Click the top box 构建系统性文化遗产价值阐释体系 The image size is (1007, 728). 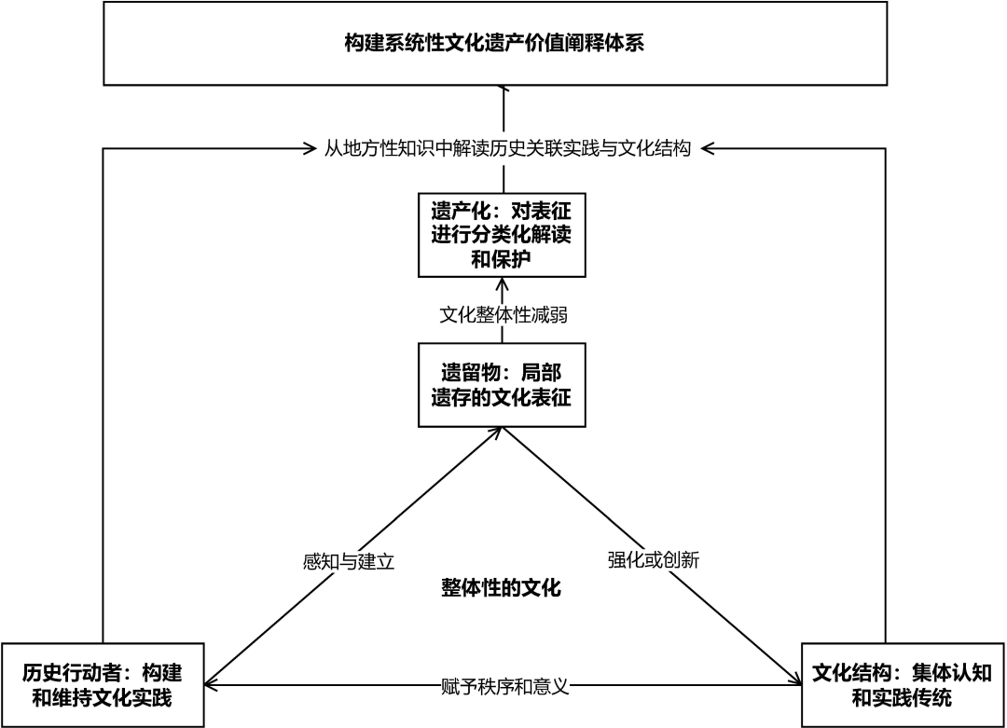coord(494,44)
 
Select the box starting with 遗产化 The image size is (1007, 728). coord(502,234)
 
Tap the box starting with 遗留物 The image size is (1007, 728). coord(502,384)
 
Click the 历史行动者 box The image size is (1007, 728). coord(103,685)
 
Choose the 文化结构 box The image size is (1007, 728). coord(902,685)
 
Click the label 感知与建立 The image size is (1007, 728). coord(350,561)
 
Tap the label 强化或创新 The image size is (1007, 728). coord(653,560)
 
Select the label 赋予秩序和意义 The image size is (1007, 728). coord(504,687)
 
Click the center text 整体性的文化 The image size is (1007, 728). coord(502,588)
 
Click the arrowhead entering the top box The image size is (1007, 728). coord(504,89)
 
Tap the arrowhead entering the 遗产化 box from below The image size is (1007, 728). coord(503,282)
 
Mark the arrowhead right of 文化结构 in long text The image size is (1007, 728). coord(707,147)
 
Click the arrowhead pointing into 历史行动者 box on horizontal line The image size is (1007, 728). coord(211,686)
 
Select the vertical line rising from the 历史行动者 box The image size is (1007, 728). coord(103,391)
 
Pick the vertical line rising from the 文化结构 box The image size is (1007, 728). coord(885,391)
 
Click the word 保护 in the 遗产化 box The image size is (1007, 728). coord(513,258)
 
